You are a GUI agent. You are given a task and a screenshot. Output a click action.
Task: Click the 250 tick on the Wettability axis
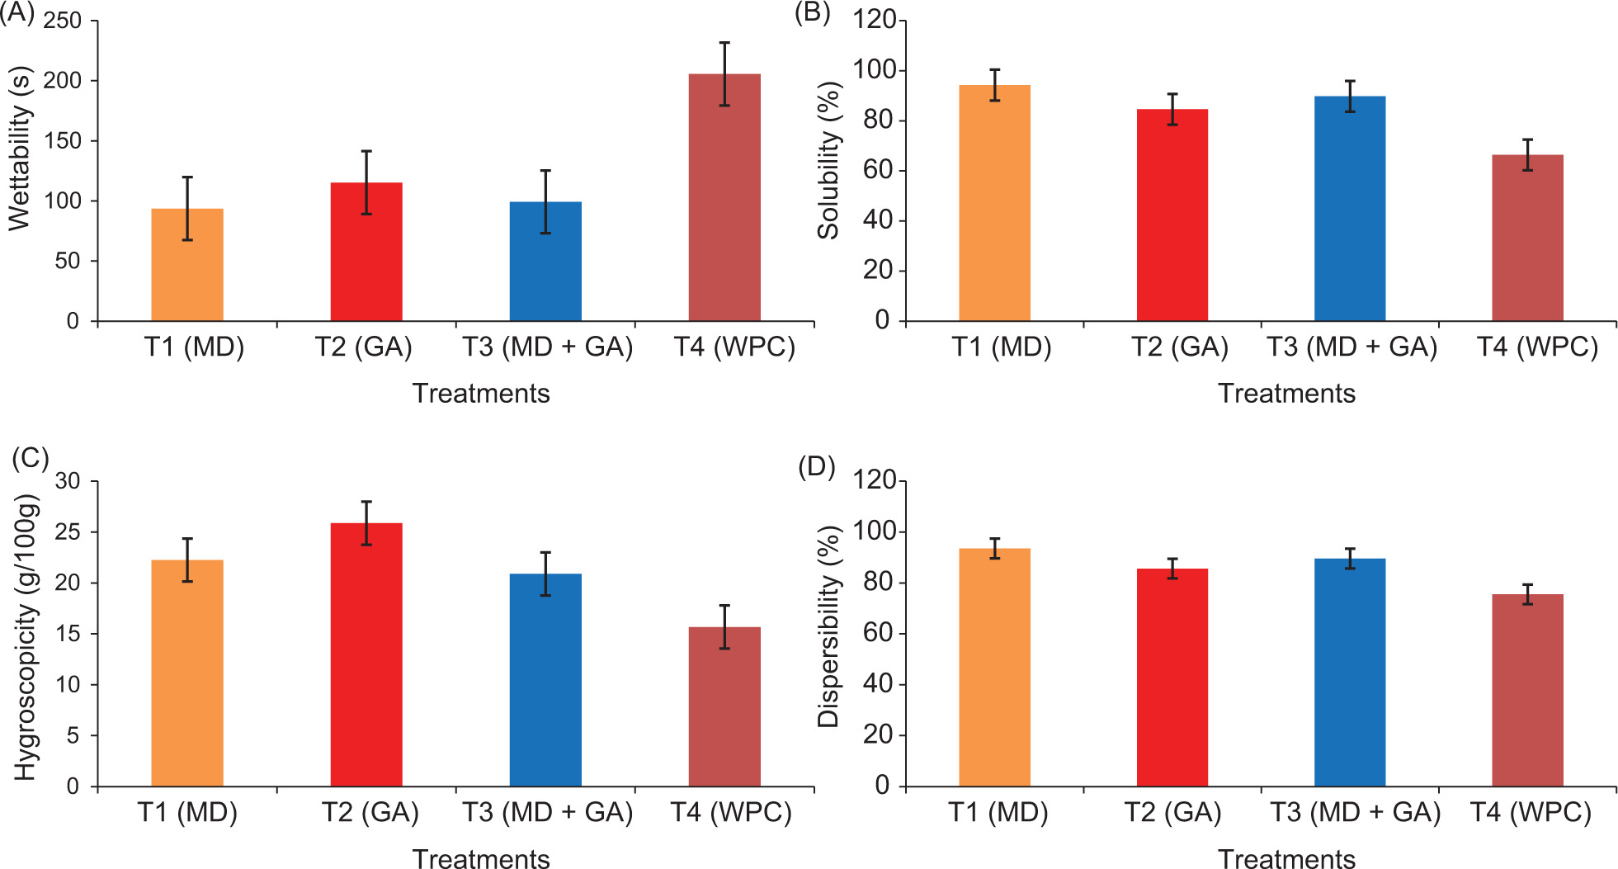coord(63,21)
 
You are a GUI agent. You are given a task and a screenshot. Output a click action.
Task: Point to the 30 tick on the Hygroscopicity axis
coord(68,481)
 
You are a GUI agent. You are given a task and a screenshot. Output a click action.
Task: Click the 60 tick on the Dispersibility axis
coord(878,634)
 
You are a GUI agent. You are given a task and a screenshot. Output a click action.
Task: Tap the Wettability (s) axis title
coord(20,149)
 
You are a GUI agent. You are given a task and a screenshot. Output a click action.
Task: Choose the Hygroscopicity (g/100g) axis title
coord(26,637)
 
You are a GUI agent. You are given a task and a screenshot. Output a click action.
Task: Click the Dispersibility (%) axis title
coord(828,627)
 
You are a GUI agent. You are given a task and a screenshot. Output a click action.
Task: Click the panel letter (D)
coord(816,467)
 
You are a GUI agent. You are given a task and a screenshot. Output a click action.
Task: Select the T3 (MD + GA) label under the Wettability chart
coord(547,347)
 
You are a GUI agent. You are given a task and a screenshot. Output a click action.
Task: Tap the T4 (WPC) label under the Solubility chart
coord(1537,347)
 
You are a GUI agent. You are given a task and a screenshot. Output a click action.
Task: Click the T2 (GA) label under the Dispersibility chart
coord(1172,813)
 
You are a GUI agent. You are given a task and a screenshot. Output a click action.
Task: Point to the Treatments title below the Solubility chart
coord(1286,394)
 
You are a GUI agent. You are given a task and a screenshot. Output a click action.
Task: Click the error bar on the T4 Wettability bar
coord(724,73)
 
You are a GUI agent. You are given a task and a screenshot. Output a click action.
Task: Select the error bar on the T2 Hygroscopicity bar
coord(366,523)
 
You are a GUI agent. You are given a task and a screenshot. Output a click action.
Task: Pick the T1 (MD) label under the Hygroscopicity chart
coord(187,813)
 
